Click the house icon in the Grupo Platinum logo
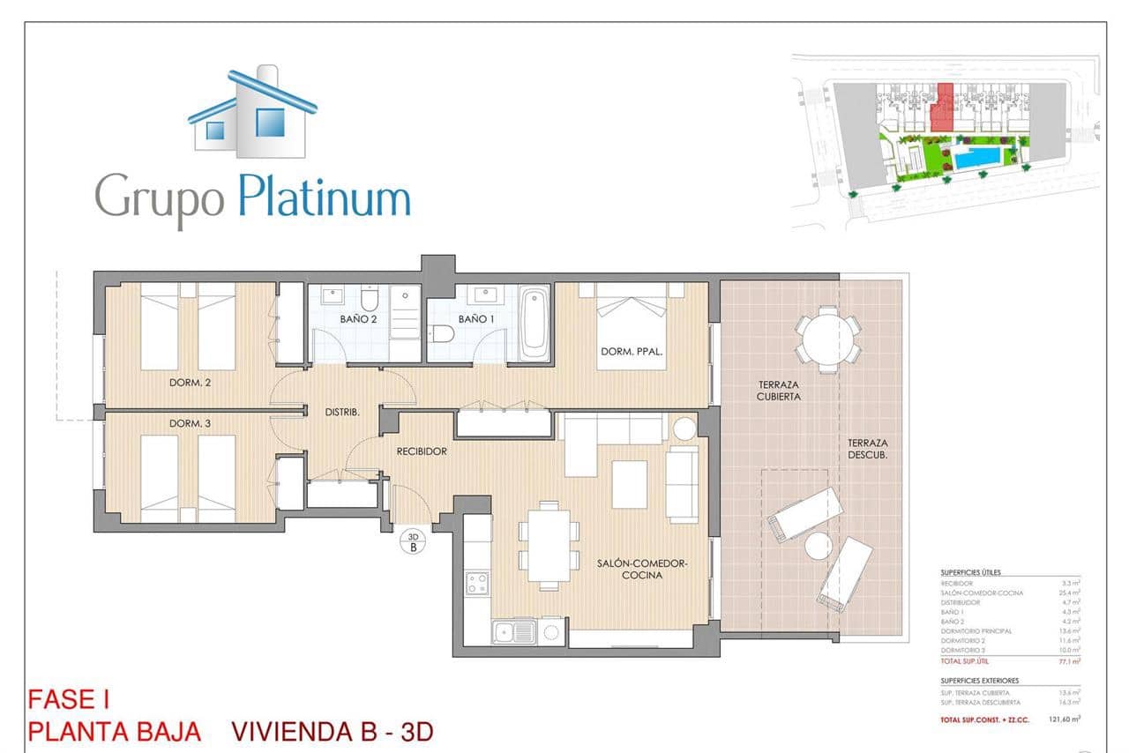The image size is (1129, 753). [x=252, y=113]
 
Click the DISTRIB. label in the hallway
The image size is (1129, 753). [x=342, y=412]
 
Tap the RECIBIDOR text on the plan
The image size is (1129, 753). [x=421, y=451]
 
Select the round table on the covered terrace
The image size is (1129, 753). [x=828, y=339]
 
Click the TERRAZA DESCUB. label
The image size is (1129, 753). [x=868, y=449]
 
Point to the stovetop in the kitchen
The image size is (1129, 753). [x=477, y=584]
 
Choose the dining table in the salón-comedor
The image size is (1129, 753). [x=549, y=544]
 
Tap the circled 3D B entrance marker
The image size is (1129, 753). [x=413, y=541]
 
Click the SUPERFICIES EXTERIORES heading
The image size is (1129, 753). [x=979, y=681]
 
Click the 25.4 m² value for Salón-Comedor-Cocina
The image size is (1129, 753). [x=1070, y=593]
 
